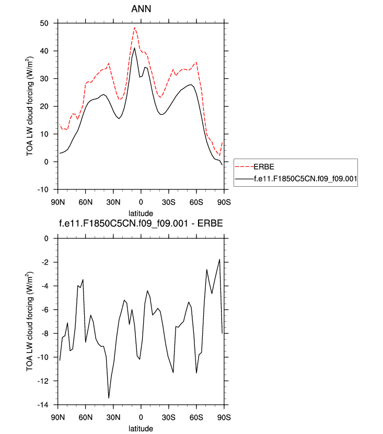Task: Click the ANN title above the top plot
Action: point(141,9)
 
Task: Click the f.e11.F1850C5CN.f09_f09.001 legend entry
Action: point(305,178)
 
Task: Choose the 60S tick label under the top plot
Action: point(196,202)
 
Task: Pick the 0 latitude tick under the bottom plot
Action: point(141,417)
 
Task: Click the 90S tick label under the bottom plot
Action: point(224,417)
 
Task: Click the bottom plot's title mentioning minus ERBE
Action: point(141,225)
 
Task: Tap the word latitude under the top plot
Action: point(141,213)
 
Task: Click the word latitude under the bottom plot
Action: point(141,428)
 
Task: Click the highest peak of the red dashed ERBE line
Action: point(134,28)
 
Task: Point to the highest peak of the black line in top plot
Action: point(135,47)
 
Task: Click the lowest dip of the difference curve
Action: point(109,398)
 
